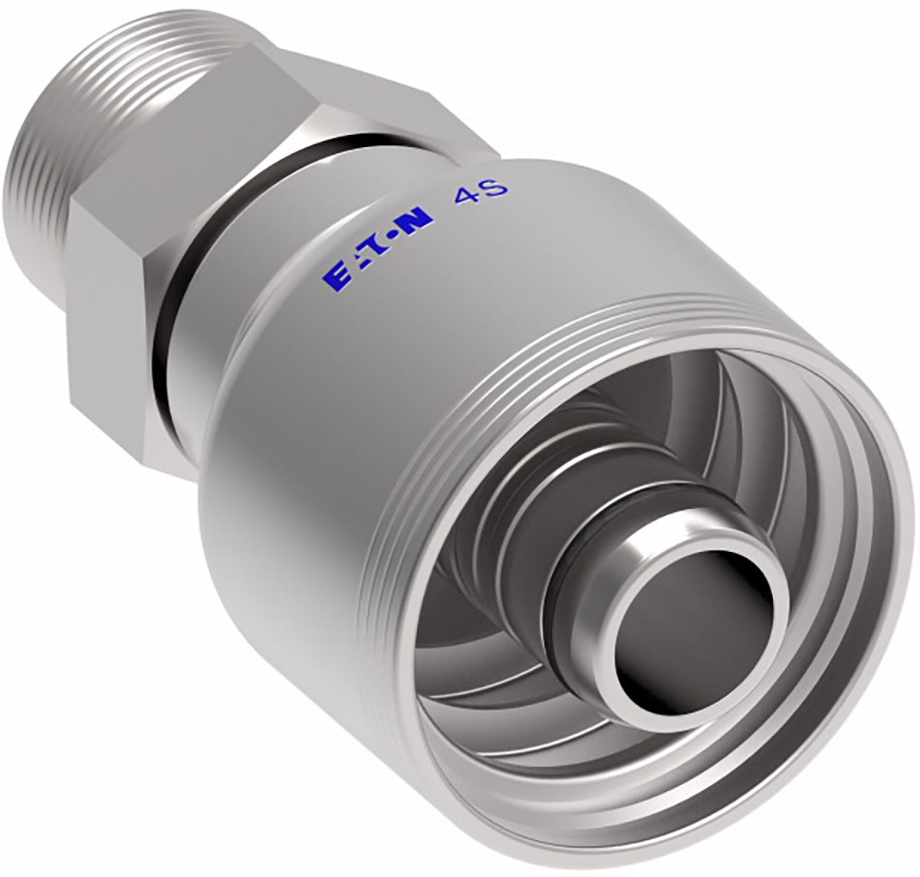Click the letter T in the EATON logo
(376, 249)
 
